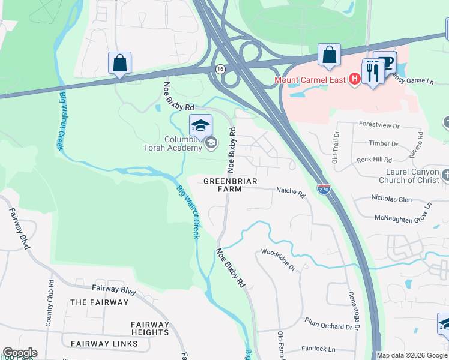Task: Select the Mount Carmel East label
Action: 311,79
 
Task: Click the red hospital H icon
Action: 354,79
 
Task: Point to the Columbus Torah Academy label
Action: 173,143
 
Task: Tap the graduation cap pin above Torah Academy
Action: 201,125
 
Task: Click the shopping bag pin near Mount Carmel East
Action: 329,55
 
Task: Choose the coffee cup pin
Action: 384,62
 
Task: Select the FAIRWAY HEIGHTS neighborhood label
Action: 150,328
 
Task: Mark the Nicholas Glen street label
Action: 391,199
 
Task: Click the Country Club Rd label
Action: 50,302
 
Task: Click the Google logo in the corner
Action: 19,353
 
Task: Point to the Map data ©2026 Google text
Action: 412,355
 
